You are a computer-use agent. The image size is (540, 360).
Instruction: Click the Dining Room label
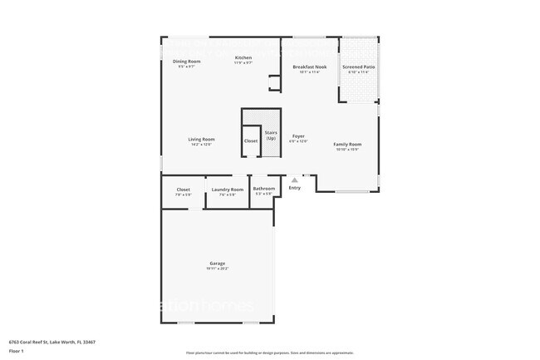click(x=187, y=62)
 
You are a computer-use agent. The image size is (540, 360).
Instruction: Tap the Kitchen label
click(x=243, y=57)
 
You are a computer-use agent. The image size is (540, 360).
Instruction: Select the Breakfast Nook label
click(x=309, y=67)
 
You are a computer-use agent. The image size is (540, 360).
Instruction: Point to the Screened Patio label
click(x=356, y=67)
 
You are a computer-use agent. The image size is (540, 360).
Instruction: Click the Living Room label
click(x=201, y=139)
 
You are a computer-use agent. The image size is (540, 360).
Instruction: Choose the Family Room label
click(x=347, y=144)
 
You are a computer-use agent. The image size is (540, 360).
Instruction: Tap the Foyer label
click(x=298, y=136)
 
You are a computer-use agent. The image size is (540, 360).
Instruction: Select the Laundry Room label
click(x=227, y=190)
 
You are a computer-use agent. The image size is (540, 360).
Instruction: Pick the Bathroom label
click(x=264, y=189)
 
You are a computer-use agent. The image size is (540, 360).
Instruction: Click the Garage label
click(x=217, y=263)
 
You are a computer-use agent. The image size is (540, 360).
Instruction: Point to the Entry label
click(x=294, y=188)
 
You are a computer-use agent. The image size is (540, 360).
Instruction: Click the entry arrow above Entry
click(x=293, y=179)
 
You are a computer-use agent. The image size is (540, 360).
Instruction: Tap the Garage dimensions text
click(x=217, y=269)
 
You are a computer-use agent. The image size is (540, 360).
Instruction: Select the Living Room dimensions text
click(x=201, y=145)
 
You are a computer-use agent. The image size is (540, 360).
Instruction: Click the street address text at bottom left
click(x=52, y=341)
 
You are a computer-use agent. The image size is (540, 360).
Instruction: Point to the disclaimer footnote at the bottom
click(x=269, y=353)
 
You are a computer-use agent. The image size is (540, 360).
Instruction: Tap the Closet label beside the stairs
click(x=251, y=141)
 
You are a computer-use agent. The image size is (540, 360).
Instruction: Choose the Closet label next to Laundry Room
click(x=184, y=190)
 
